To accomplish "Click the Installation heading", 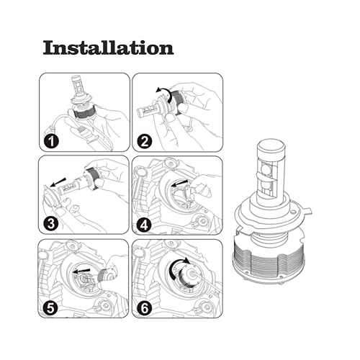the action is [x=108, y=48].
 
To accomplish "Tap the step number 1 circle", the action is [x=51, y=141].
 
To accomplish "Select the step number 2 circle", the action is [x=145, y=141].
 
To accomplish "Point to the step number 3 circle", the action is [x=51, y=224].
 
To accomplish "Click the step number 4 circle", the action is [x=144, y=225].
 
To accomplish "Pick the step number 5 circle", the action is [x=50, y=307].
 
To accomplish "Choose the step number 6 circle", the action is [x=145, y=308].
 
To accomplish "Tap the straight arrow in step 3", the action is [x=58, y=182].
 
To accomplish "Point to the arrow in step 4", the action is [x=180, y=184].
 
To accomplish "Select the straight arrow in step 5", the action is [x=81, y=271].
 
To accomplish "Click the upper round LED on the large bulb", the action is [x=266, y=167].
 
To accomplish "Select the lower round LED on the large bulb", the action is [x=265, y=186].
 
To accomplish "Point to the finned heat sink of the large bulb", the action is [x=269, y=257].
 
